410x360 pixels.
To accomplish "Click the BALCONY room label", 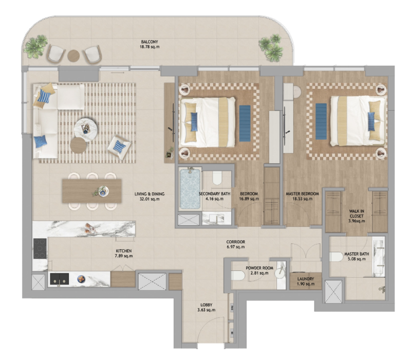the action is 150,42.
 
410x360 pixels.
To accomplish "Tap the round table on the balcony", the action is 73,55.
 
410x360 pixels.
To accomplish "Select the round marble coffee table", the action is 86,129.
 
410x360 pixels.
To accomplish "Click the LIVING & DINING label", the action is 150,194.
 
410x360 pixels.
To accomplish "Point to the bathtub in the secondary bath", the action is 190,189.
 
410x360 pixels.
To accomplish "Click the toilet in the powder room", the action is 238,276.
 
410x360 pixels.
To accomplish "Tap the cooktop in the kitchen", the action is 40,248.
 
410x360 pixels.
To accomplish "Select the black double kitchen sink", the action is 60,279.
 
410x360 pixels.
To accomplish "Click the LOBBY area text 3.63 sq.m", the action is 207,310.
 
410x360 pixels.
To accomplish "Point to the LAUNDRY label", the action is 305,279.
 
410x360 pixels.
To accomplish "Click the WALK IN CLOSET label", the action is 357,213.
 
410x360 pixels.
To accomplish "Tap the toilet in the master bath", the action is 336,257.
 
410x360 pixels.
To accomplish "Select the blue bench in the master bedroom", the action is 321,121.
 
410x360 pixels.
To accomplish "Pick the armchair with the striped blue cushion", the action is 119,147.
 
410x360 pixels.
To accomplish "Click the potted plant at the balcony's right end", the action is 271,47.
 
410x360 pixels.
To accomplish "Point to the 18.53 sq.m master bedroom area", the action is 302,199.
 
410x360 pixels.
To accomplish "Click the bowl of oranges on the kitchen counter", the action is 81,279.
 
